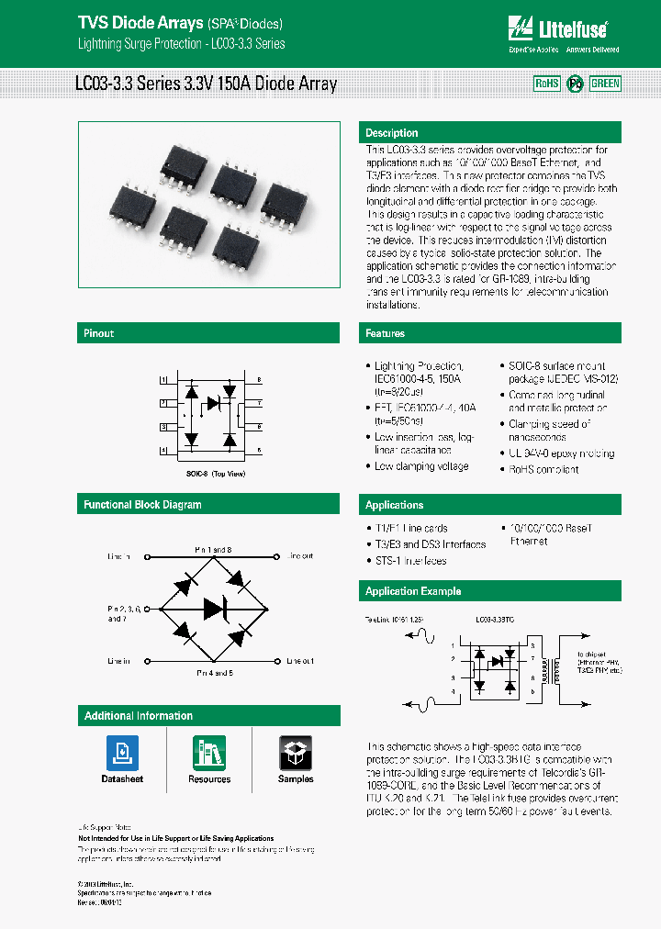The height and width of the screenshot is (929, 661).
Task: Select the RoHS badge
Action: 547,84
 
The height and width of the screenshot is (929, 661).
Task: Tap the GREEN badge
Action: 605,84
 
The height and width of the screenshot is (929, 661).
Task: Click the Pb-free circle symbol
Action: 575,84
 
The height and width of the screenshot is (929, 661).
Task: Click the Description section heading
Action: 392,133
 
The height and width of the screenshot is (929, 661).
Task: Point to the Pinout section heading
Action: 99,333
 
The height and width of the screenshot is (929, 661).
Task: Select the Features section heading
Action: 386,333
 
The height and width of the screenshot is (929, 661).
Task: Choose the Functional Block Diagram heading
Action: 142,505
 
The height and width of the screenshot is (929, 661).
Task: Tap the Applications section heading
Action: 395,505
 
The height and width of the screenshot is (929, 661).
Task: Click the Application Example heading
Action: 413,591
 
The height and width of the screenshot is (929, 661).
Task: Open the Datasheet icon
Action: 122,754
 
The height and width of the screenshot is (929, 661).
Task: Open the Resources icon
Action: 209,754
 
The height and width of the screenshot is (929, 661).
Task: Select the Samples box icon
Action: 296,754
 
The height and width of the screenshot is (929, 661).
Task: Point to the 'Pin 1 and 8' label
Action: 213,548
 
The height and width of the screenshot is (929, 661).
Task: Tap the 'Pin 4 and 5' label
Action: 213,673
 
